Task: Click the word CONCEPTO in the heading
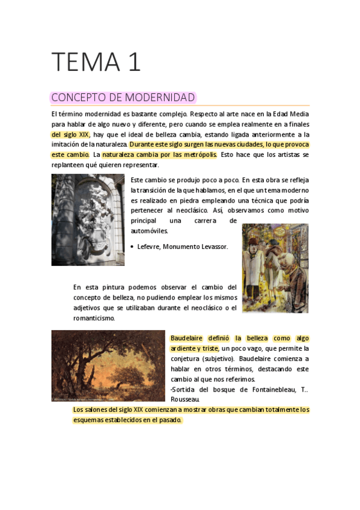coord(76,97)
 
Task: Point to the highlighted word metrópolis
coord(199,155)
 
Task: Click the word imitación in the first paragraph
coord(67,145)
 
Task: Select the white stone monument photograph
coord(88,220)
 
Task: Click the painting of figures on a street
coord(275,268)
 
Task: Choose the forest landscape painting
coord(108,365)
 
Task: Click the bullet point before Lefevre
coord(132,247)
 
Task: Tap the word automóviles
coord(149,231)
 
